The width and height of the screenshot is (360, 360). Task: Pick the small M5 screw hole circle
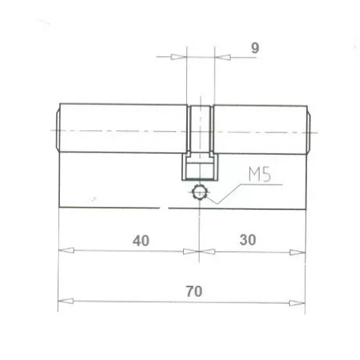pyautogui.click(x=199, y=192)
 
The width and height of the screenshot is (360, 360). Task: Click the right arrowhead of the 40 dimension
pyautogui.click(x=191, y=251)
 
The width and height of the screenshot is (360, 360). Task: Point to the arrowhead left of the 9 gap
pyautogui.click(x=178, y=57)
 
